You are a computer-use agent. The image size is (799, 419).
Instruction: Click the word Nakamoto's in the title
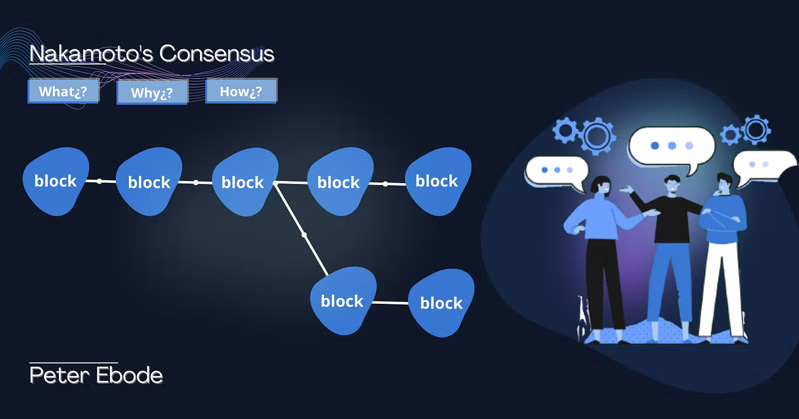click(x=91, y=53)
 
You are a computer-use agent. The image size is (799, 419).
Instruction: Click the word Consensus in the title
click(x=217, y=53)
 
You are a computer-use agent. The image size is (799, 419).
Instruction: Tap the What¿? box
click(x=63, y=91)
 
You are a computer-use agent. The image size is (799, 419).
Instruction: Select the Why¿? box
click(x=152, y=92)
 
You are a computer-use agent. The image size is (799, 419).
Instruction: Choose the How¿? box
click(x=241, y=91)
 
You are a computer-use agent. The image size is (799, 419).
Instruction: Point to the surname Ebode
click(x=129, y=375)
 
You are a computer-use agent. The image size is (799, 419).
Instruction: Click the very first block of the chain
click(x=56, y=182)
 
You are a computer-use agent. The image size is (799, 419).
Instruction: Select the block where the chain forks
click(x=245, y=182)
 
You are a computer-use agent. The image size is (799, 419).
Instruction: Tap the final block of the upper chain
click(x=438, y=182)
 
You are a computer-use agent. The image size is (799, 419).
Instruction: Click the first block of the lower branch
click(x=343, y=301)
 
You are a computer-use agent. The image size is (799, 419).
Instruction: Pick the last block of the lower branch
click(x=441, y=303)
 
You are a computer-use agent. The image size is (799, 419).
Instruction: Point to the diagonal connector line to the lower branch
click(x=302, y=229)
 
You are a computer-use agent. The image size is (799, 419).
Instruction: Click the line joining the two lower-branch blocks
click(x=391, y=303)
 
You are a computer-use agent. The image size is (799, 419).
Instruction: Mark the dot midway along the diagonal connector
click(x=304, y=235)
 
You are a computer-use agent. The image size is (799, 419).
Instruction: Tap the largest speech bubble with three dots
click(x=672, y=147)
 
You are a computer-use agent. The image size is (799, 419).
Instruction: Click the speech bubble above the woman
click(x=557, y=172)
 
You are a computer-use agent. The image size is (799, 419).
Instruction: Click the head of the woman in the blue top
click(x=601, y=185)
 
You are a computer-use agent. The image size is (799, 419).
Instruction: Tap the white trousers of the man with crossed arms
click(x=721, y=289)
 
